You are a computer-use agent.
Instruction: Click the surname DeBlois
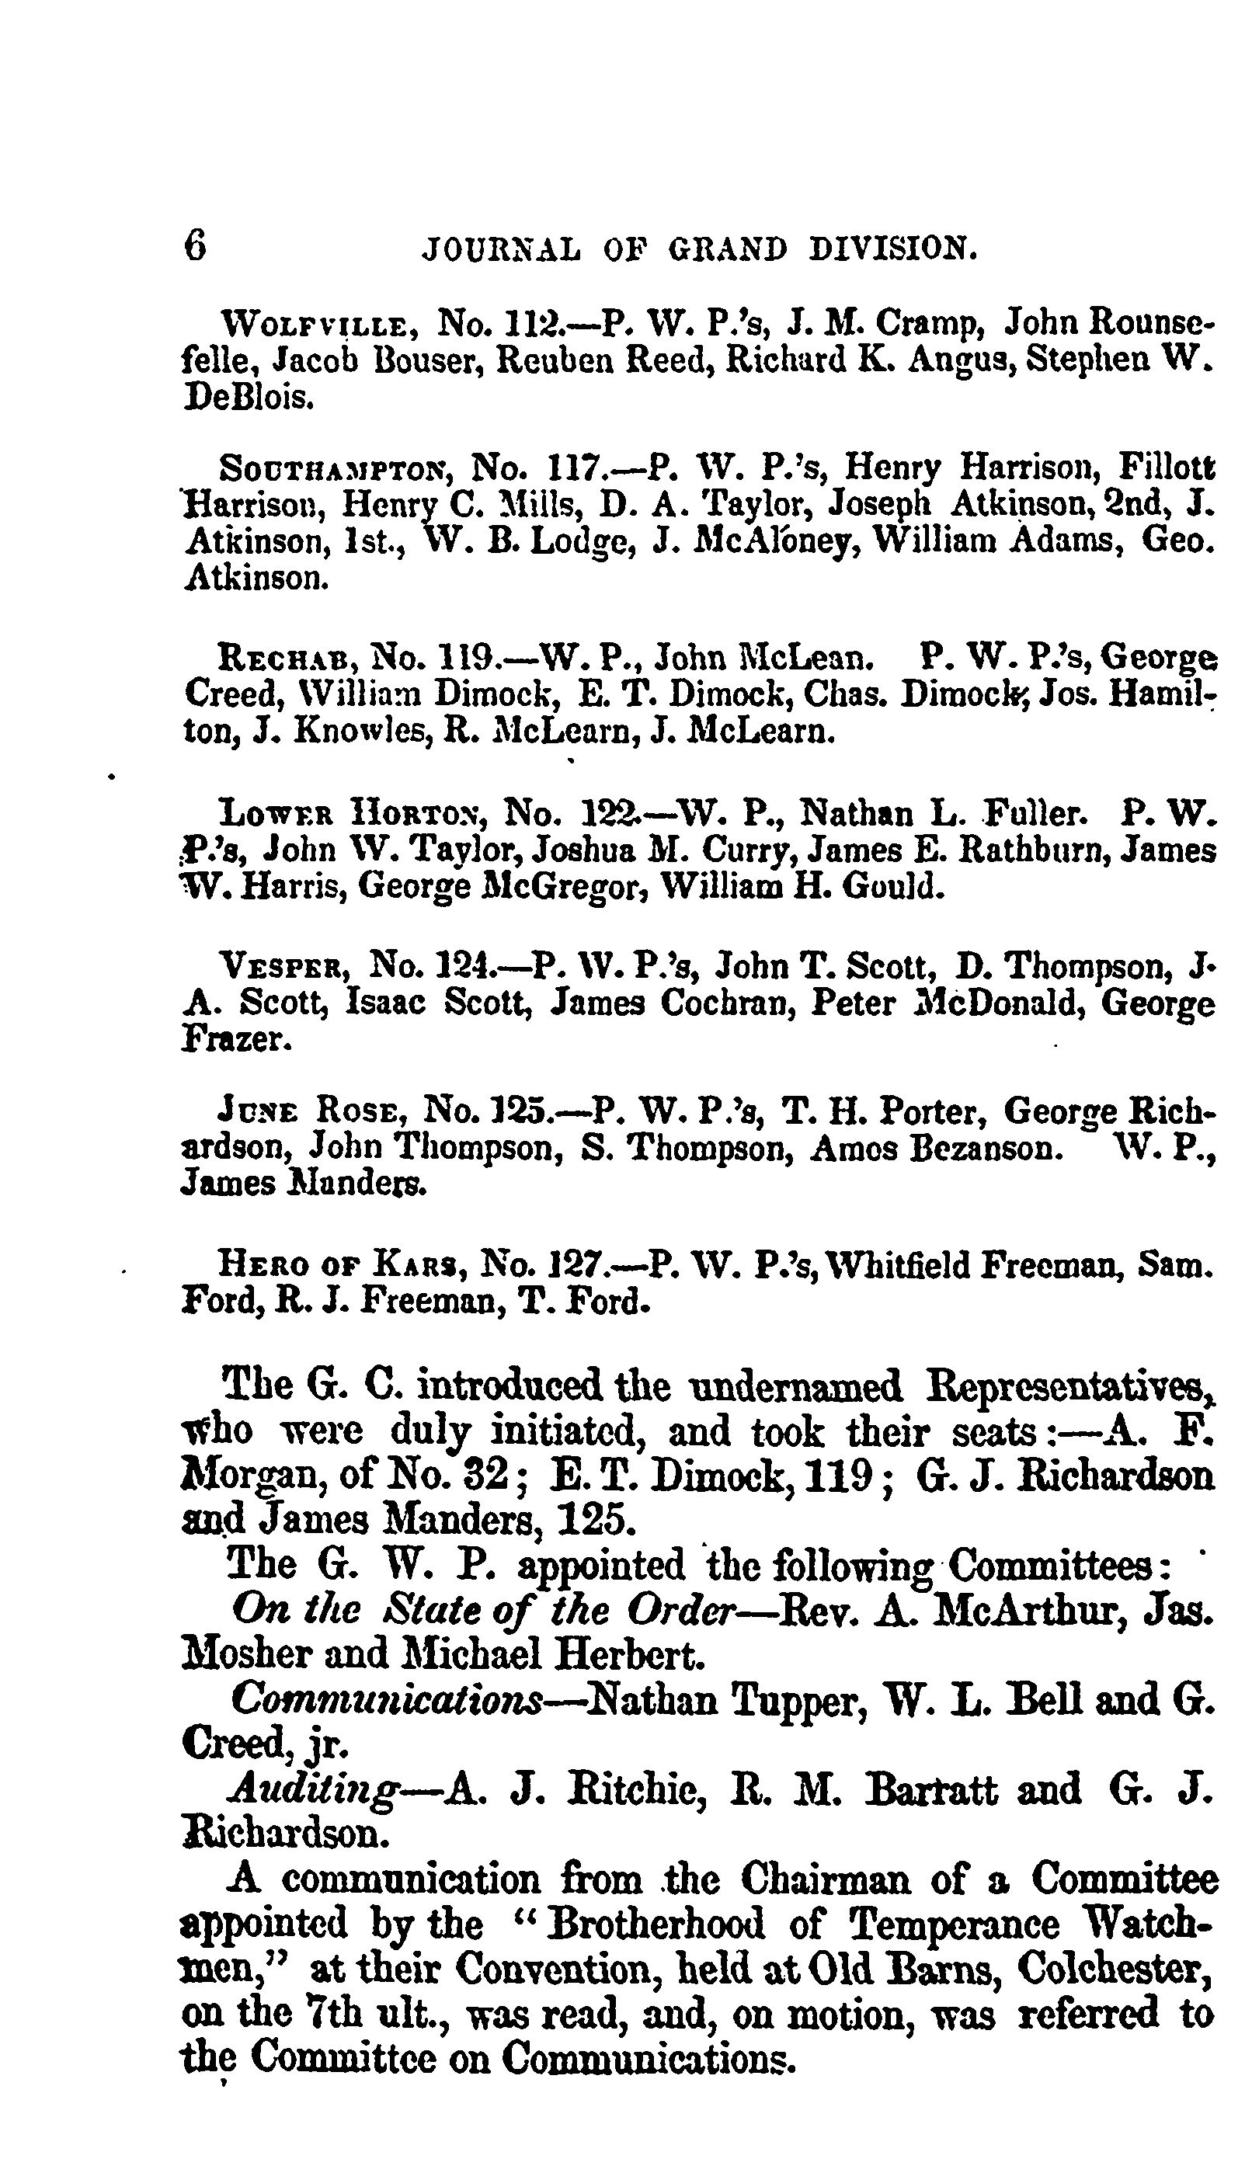coord(247,398)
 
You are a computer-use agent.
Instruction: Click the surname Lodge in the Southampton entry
coord(579,541)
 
